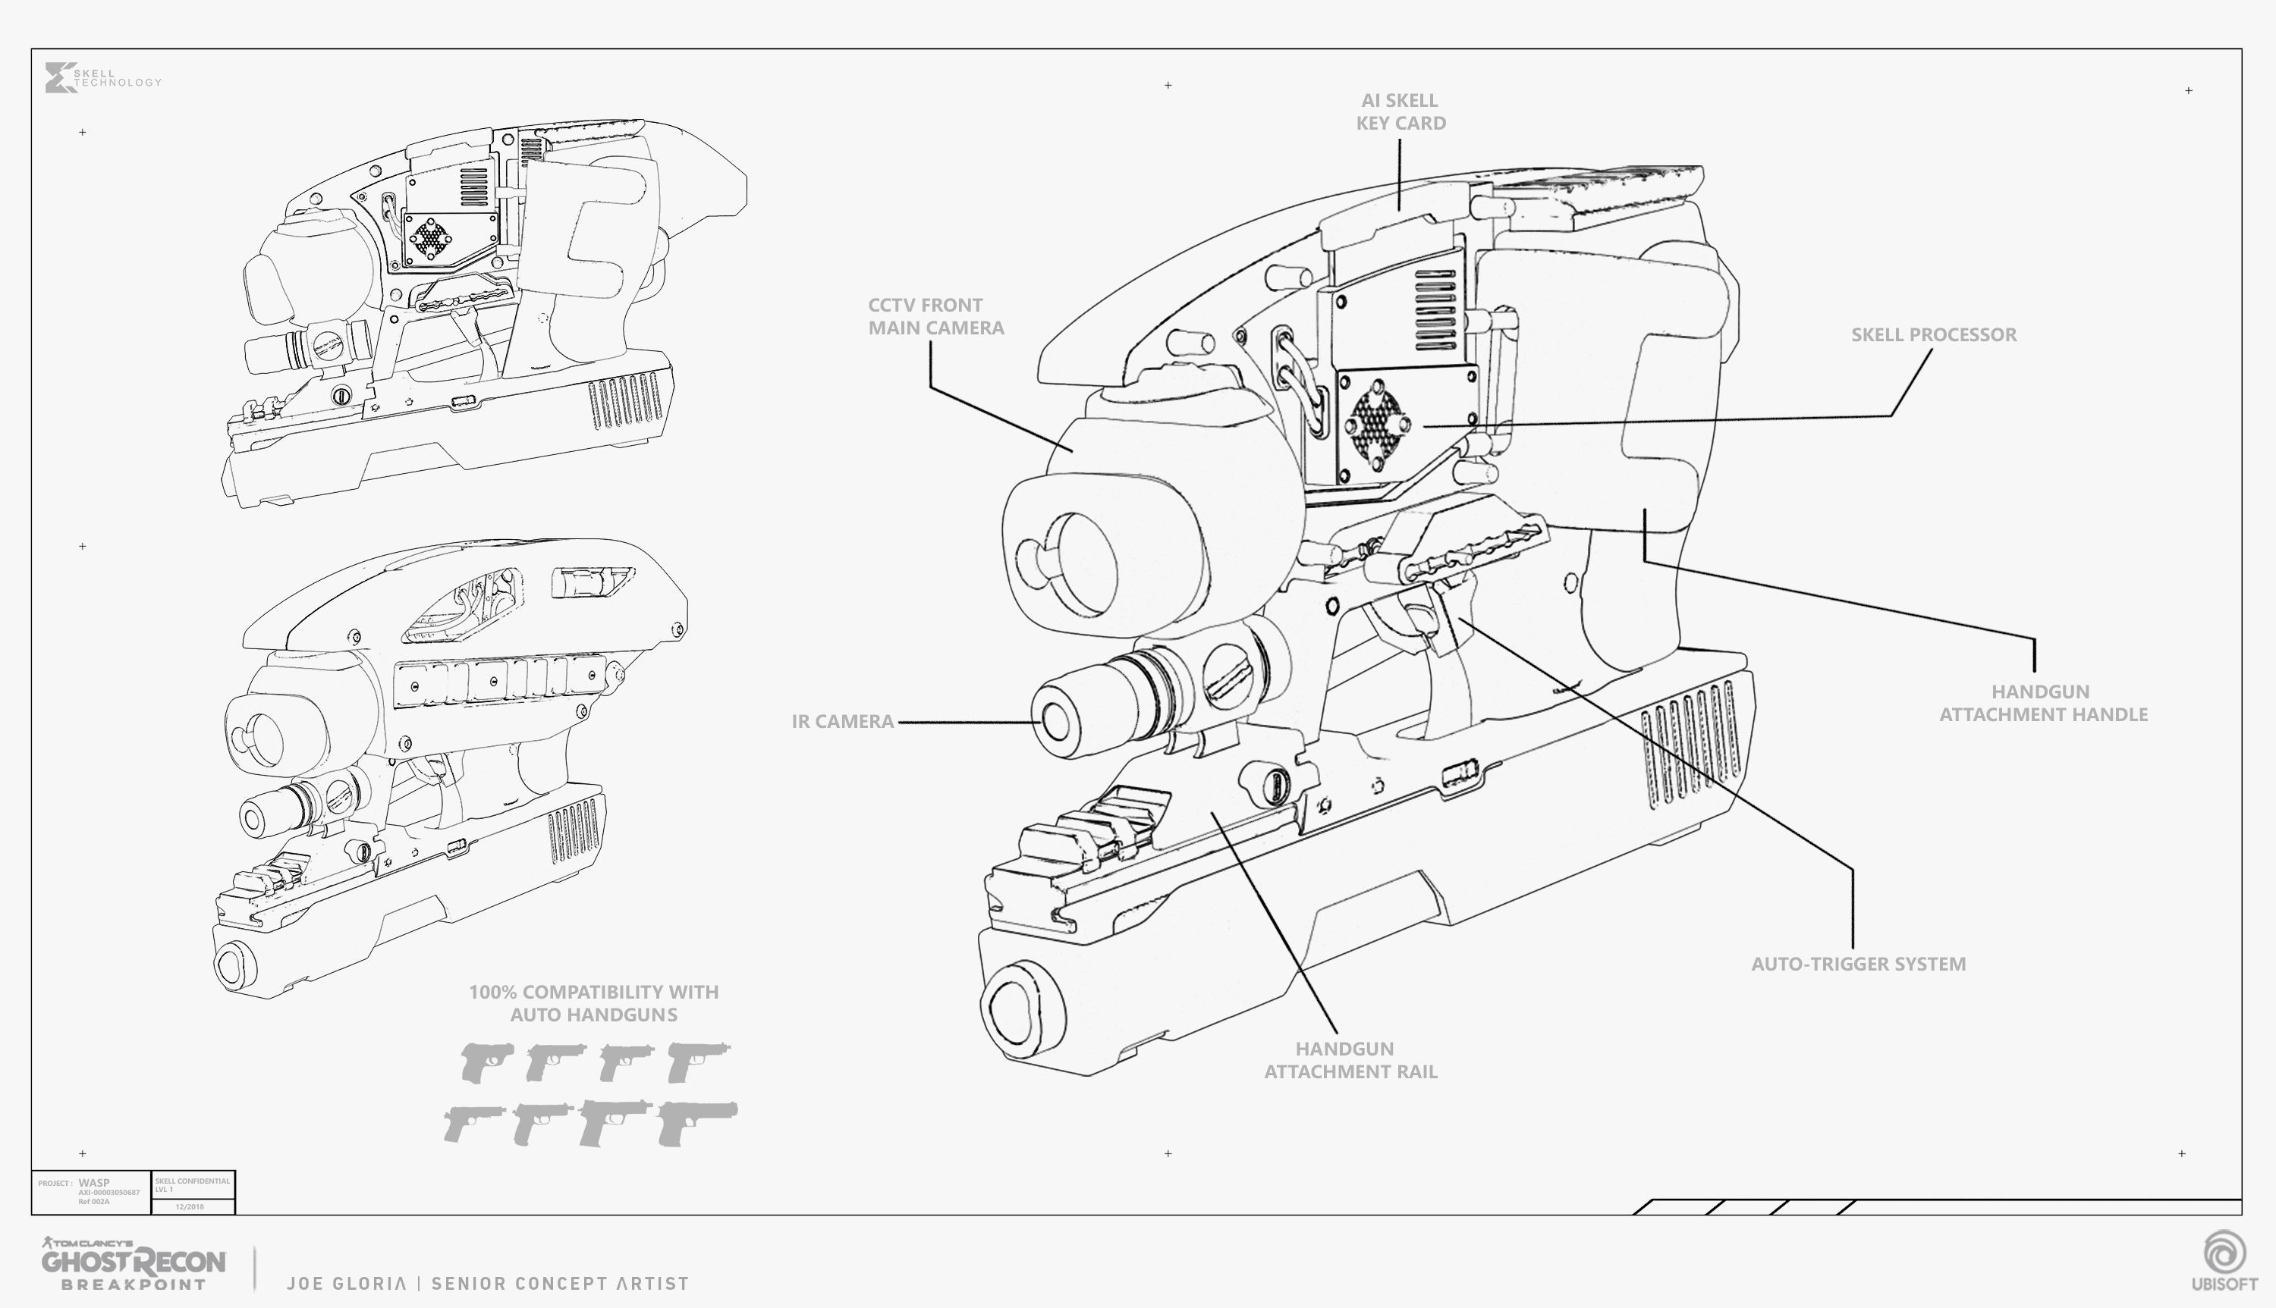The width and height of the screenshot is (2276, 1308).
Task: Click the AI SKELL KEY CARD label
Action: coord(1400,112)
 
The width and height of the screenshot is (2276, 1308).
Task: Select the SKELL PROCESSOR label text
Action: coord(1933,335)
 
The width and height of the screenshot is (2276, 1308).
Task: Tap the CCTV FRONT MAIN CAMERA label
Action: coord(935,317)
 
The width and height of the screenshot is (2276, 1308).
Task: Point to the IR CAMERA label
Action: coord(842,721)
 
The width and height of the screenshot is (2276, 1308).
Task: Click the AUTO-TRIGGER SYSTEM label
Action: coord(1858,964)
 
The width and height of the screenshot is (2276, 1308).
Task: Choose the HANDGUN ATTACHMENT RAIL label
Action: coord(1350,1060)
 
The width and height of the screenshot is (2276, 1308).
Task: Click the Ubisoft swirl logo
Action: coord(2224,1251)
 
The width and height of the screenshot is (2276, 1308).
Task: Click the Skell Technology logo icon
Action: coord(58,77)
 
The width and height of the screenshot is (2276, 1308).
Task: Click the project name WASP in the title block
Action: coord(93,1183)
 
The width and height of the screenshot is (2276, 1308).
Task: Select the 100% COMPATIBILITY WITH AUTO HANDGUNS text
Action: coord(593,1003)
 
